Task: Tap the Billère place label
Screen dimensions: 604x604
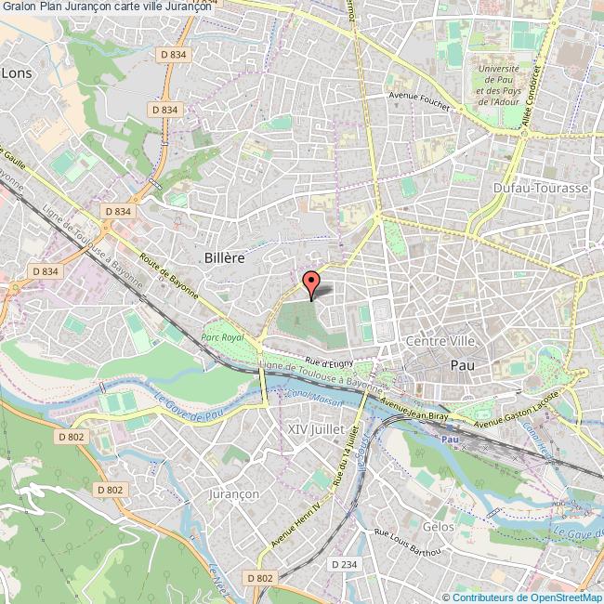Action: pos(223,258)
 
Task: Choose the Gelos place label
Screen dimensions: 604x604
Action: pos(438,527)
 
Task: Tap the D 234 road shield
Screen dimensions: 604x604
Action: pos(342,564)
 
